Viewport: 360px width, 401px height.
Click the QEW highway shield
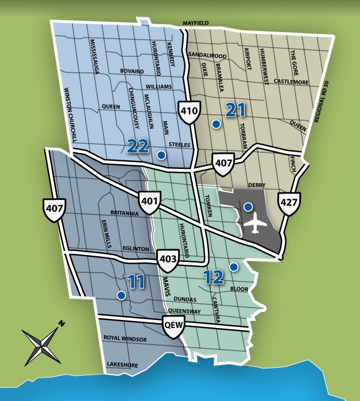coord(172,324)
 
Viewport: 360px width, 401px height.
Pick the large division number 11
coord(136,282)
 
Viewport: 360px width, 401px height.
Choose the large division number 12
coord(213,277)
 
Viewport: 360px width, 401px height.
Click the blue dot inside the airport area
coord(248,206)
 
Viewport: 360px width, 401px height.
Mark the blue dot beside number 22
coord(161,155)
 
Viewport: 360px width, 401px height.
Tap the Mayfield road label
coord(196,23)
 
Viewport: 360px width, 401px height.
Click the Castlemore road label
coord(291,82)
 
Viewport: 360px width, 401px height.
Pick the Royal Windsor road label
coord(125,340)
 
